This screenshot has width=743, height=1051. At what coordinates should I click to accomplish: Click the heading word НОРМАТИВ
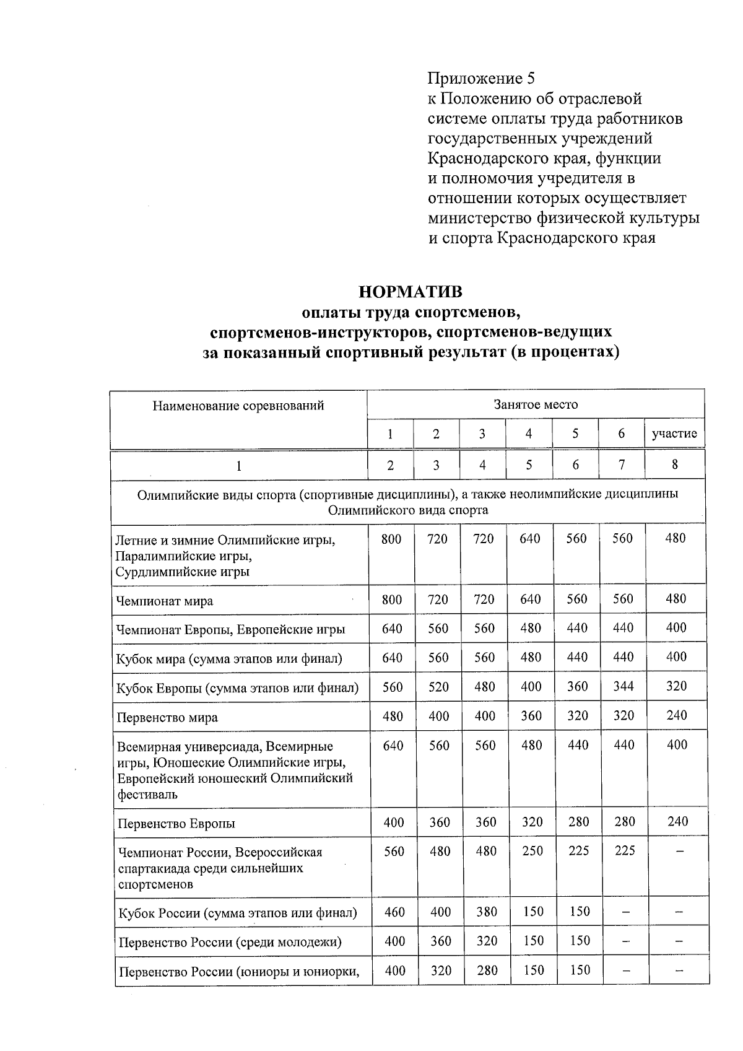411,291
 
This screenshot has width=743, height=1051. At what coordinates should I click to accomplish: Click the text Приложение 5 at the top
480,78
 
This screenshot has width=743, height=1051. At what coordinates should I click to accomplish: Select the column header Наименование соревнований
238,406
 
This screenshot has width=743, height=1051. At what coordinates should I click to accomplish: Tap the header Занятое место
536,404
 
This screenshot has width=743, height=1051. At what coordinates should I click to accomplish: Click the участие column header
674,434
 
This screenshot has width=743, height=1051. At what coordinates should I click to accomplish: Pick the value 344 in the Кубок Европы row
624,686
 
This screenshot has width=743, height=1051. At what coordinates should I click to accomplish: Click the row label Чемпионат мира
165,601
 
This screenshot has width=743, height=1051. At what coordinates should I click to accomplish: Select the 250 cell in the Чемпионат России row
532,851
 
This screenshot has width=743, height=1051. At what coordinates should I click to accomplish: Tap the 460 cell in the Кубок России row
394,912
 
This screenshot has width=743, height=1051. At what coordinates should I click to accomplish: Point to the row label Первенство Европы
176,824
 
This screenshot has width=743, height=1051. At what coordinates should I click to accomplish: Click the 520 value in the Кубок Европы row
438,686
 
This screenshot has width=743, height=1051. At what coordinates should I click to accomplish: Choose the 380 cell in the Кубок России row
486,912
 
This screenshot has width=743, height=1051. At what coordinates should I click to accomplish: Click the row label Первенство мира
167,718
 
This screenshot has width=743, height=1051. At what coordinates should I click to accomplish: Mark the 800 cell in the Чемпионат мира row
391,600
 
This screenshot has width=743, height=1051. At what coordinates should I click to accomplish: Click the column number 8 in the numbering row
675,464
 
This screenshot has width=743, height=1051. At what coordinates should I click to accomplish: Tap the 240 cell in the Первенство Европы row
677,821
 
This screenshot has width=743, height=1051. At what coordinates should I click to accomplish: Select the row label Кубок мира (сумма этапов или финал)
229,658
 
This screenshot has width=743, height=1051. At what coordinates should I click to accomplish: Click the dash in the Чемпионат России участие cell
679,852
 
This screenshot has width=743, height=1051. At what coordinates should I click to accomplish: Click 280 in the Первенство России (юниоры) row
487,970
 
